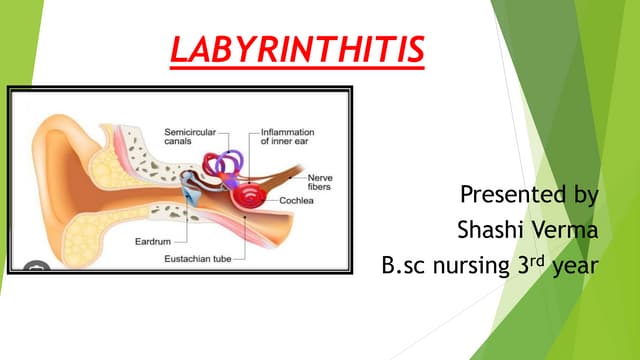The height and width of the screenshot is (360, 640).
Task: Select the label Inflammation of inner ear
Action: click(x=288, y=136)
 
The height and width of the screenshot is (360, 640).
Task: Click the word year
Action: click(x=578, y=267)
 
